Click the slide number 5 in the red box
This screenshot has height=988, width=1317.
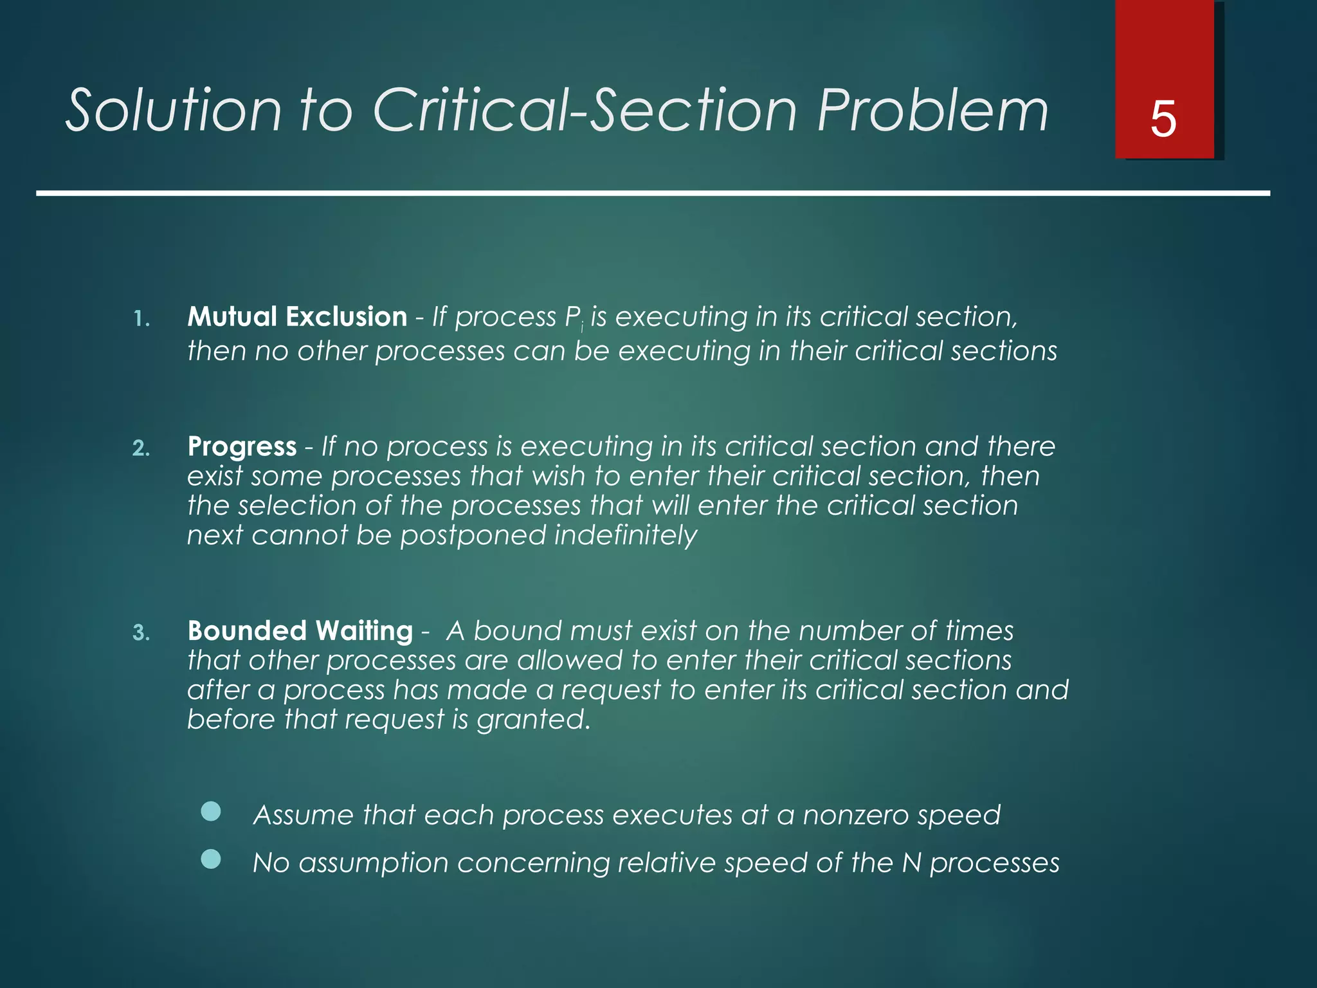click(1163, 120)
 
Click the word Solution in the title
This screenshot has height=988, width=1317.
click(174, 111)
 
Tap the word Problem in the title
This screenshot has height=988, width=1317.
click(932, 111)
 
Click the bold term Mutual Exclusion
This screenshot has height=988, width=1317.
click(297, 317)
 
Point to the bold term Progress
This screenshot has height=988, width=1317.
click(242, 446)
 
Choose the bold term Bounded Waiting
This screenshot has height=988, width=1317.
click(300, 631)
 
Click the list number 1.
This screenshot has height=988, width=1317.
click(141, 319)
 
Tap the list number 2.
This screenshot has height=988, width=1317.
click(141, 448)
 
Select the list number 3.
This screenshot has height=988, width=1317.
click(141, 633)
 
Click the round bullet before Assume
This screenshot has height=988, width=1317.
click(211, 812)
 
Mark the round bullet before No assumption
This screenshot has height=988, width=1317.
click(211, 859)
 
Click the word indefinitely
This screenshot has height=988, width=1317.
click(625, 535)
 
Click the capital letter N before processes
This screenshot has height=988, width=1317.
click(912, 863)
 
